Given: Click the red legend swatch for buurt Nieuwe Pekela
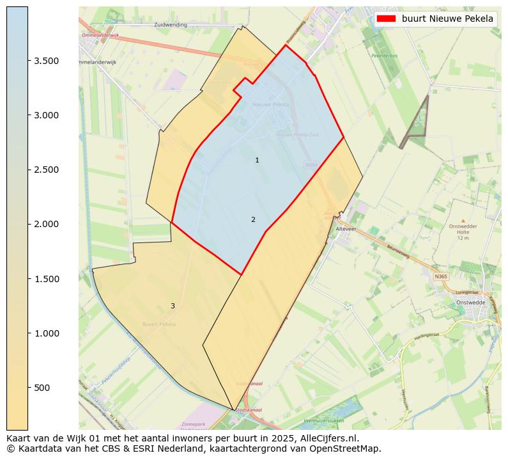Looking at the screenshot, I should point(387,19).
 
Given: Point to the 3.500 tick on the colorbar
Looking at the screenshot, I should point(47,61).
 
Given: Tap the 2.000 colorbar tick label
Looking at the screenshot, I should point(47,224).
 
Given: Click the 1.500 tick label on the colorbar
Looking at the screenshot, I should point(47,279).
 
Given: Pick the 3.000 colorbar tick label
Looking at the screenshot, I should point(47,115).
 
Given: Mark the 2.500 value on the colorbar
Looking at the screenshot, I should point(47,170).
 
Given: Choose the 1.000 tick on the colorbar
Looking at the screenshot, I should point(47,333).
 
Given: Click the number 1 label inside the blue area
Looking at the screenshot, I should point(257,161).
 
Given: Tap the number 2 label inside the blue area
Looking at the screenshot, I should point(253,220).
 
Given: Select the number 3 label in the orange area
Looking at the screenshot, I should point(173,306).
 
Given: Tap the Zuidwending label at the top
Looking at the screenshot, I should point(171,24).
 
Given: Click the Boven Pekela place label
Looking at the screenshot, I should point(159,324).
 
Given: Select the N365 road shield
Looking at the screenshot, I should point(441,276).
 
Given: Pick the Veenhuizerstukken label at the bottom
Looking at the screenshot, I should point(324,421).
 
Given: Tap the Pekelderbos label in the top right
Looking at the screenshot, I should point(385,56).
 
